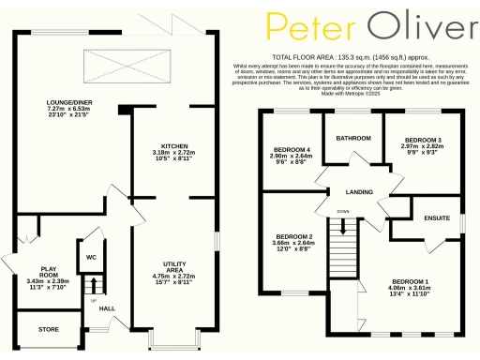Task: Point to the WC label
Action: pos(92,256)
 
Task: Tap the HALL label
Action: pos(107,308)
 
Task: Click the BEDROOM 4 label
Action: pos(291,149)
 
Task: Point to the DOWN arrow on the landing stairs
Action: pos(344,225)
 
